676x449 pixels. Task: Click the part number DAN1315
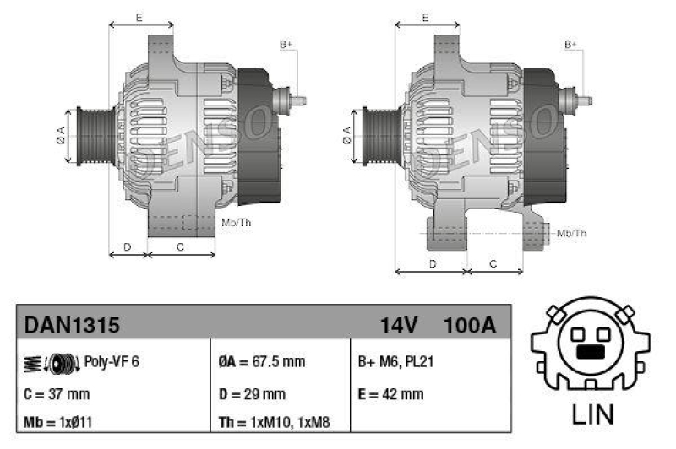[x=72, y=325]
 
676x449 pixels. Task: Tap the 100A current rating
[x=469, y=325]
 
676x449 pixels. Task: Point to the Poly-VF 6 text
[x=112, y=362]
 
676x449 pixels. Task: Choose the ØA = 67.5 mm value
[x=261, y=362]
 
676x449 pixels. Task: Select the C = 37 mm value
[x=57, y=393]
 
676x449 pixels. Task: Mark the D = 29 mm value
[x=252, y=393]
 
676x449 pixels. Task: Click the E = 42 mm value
[x=391, y=393]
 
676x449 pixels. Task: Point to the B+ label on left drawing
[x=286, y=44]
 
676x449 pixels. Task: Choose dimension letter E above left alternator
[x=139, y=16]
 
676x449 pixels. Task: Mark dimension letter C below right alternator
[x=494, y=264]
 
